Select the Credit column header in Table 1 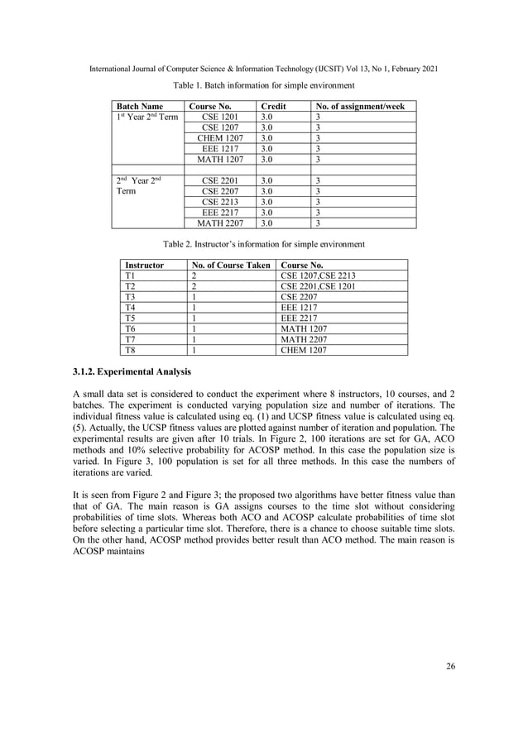[x=273, y=107]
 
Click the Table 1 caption [x=263, y=85]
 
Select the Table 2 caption [x=263, y=244]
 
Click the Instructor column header [x=144, y=266]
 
